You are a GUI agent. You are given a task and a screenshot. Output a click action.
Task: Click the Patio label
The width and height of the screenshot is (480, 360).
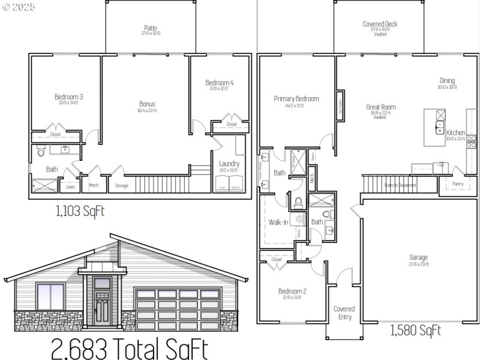(150, 28)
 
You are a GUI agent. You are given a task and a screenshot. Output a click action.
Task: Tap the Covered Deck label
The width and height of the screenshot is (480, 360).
(380, 24)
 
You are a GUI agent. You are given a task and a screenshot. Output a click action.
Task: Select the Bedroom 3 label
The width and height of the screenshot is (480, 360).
(68, 97)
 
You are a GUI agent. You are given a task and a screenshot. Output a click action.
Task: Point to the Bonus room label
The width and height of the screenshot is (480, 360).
(147, 104)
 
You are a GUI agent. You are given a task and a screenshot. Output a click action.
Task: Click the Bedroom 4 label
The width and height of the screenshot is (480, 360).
(219, 83)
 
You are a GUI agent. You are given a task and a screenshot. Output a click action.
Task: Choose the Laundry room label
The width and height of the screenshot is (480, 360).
(229, 163)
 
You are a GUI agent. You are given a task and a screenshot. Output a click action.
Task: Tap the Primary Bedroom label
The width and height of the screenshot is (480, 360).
(296, 99)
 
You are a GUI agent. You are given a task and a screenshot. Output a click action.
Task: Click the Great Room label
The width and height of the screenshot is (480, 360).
(381, 107)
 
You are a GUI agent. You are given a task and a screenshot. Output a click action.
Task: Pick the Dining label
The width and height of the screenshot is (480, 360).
(447, 81)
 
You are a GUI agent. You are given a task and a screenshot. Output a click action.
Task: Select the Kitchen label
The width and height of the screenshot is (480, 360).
(455, 133)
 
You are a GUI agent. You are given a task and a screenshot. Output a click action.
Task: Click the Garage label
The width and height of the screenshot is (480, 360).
(419, 257)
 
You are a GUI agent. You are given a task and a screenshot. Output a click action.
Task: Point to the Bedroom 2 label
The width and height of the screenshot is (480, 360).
(292, 292)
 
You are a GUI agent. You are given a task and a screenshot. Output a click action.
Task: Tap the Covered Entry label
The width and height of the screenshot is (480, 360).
(344, 313)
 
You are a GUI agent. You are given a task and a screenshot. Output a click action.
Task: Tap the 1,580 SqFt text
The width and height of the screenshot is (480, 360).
(416, 330)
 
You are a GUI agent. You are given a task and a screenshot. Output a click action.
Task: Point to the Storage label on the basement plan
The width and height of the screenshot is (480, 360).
(121, 186)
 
